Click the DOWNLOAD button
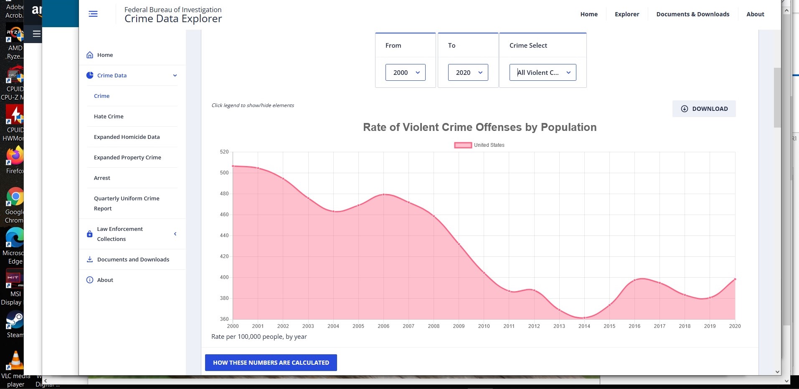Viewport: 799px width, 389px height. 704,109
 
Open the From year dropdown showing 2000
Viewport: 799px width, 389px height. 405,72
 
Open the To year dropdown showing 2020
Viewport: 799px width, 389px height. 468,72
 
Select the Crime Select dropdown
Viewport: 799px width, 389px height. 543,72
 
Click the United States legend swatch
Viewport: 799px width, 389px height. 463,145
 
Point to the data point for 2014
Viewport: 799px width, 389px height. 584,318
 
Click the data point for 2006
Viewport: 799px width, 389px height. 383,194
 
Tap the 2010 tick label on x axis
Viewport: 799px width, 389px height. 484,326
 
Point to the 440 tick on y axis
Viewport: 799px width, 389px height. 224,235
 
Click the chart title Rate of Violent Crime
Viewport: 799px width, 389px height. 479,127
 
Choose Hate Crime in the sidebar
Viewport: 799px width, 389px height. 109,116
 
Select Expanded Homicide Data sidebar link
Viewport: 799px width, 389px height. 127,137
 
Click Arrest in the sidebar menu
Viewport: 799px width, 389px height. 102,178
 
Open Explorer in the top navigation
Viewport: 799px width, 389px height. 627,14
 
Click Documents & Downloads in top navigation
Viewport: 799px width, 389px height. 692,14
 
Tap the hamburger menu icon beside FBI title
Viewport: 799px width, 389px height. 93,14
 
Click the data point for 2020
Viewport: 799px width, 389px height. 735,279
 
